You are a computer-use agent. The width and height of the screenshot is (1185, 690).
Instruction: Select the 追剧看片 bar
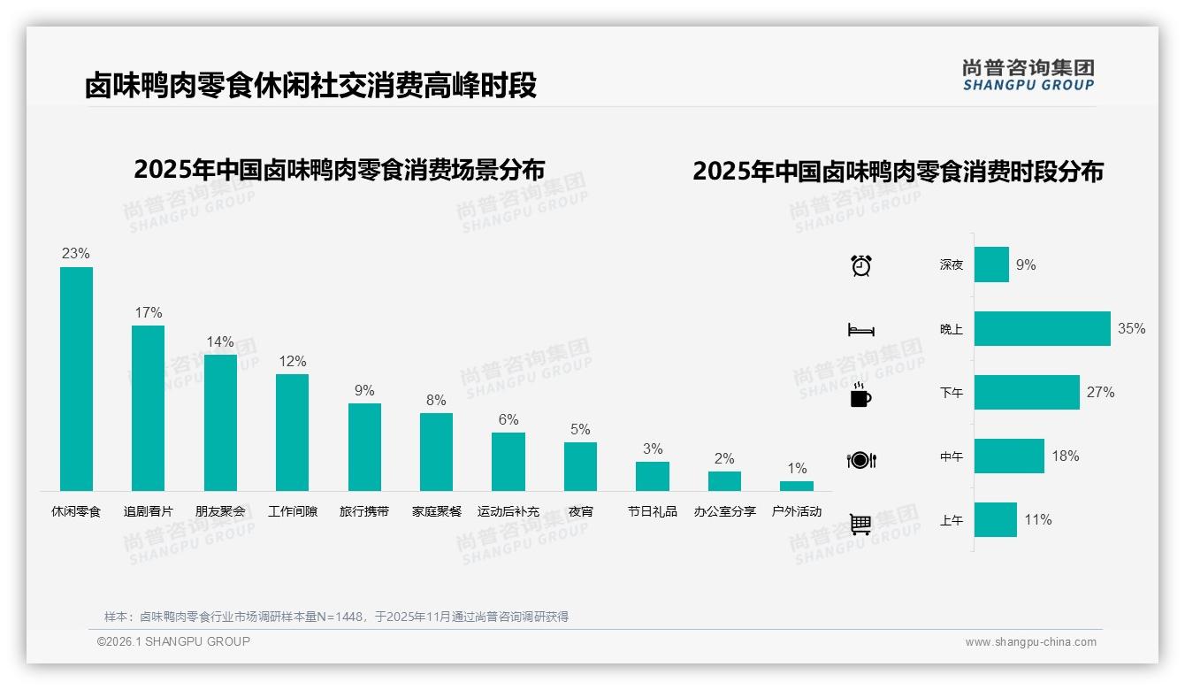click(148, 408)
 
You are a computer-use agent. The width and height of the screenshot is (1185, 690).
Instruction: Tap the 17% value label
click(148, 312)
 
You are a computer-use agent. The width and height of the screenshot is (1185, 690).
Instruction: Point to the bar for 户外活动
click(797, 486)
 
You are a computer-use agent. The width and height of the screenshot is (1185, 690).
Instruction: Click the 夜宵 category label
click(580, 511)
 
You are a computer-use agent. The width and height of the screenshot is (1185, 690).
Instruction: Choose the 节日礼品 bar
click(653, 476)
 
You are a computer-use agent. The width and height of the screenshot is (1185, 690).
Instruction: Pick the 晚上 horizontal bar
click(1042, 328)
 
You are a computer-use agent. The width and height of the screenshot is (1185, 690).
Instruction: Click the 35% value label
click(1131, 328)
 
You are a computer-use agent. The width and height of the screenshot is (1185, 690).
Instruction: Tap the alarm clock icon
click(860, 265)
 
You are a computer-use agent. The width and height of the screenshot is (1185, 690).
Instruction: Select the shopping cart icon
click(860, 524)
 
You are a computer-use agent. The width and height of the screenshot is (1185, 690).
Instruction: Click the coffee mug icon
click(860, 395)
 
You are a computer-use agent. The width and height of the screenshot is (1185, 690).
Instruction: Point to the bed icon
click(860, 330)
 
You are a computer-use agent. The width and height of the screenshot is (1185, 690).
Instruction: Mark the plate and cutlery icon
click(860, 460)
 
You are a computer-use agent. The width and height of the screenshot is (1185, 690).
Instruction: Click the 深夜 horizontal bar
click(991, 264)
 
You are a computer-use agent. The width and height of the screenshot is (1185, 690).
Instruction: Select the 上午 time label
click(952, 520)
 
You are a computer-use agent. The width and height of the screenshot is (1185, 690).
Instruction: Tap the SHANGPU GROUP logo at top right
click(1028, 75)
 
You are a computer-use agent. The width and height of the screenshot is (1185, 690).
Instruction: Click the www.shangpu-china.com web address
click(1030, 642)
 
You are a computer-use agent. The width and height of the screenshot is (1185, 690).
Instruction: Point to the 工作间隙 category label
click(293, 511)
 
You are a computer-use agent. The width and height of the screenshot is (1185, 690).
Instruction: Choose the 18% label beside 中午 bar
click(1065, 456)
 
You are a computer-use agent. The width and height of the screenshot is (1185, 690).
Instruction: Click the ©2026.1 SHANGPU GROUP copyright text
click(173, 641)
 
